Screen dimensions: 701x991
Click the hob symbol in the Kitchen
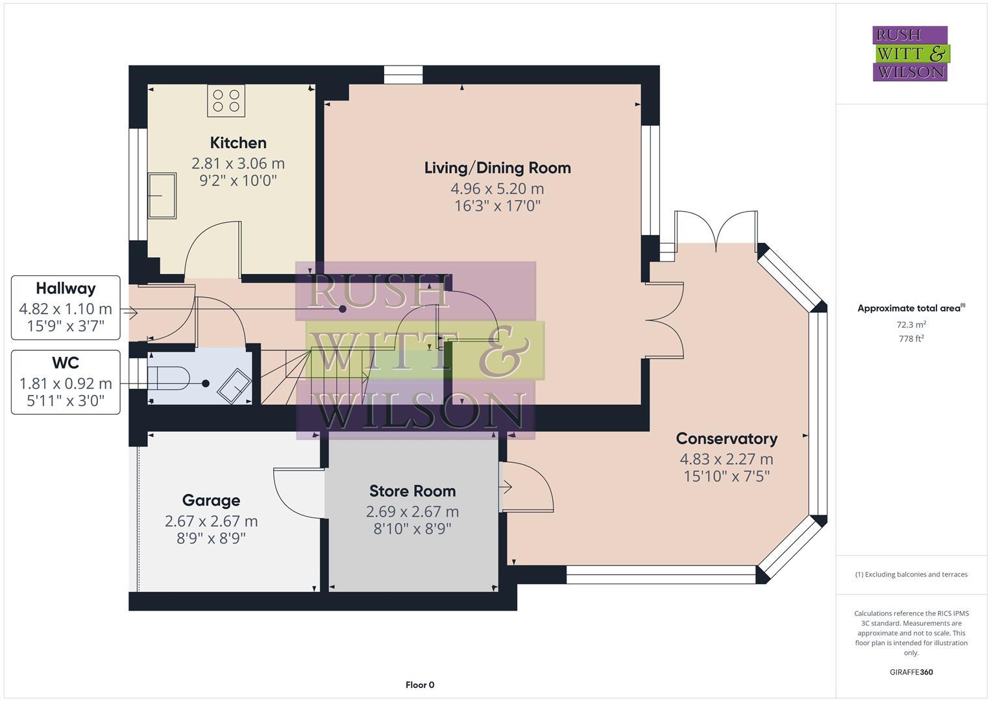pyautogui.click(x=226, y=101)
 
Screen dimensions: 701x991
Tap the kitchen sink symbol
pyautogui.click(x=162, y=195)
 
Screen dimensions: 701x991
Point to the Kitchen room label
pyautogui.click(x=238, y=143)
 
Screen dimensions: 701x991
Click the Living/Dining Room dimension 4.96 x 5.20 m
pyautogui.click(x=497, y=189)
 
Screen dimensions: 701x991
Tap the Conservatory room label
pyautogui.click(x=726, y=439)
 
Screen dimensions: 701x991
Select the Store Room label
pyautogui.click(x=412, y=491)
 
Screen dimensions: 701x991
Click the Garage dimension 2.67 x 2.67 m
pyautogui.click(x=211, y=521)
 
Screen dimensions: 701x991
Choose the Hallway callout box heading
pyautogui.click(x=66, y=289)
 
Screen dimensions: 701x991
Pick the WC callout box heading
pyautogui.click(x=66, y=363)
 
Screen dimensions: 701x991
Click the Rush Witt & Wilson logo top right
pyautogui.click(x=910, y=53)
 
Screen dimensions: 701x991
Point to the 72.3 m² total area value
pyautogui.click(x=911, y=325)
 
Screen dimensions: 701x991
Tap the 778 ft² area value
pyautogui.click(x=911, y=339)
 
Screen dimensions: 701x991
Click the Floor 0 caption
pyautogui.click(x=420, y=685)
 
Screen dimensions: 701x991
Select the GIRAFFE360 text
pyautogui.click(x=911, y=672)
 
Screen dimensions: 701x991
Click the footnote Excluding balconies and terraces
pyautogui.click(x=911, y=574)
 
